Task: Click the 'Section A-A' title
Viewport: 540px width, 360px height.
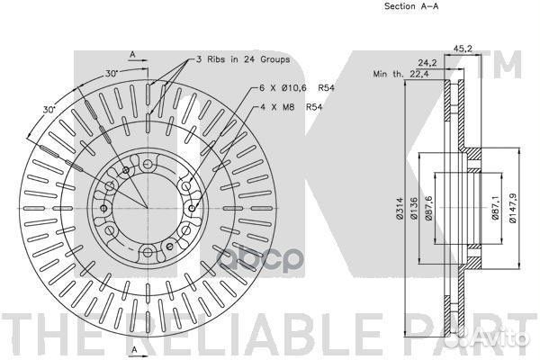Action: [x=411, y=6]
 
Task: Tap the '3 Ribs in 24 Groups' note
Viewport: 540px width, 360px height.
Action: [x=243, y=59]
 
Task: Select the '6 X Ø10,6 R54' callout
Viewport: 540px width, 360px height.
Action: [x=297, y=88]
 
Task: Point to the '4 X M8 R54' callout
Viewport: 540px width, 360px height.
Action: [x=291, y=107]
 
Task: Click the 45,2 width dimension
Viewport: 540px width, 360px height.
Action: [x=463, y=49]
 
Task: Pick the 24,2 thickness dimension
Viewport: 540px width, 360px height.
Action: [x=427, y=63]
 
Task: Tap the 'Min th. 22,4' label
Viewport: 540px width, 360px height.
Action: [x=401, y=74]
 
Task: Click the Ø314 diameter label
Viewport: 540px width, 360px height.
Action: [x=400, y=209]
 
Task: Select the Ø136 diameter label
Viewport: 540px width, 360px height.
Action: [x=414, y=209]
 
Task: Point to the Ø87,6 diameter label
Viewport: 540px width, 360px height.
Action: [x=428, y=207]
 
